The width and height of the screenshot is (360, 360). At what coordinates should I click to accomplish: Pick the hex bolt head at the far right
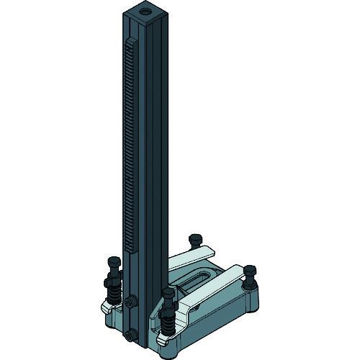point(249,271)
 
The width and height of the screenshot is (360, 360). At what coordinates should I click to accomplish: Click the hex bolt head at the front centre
point(170,292)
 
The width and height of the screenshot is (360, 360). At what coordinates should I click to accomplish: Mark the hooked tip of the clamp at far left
point(105,307)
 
